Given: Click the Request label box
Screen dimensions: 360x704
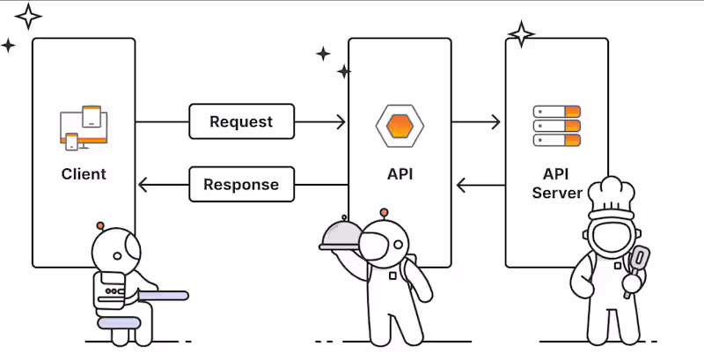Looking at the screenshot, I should [x=241, y=121].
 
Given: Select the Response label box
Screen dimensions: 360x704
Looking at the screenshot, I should [x=240, y=185].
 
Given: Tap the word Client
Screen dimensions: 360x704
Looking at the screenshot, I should [x=84, y=173].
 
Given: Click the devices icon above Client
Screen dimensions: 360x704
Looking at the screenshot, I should [x=84, y=128].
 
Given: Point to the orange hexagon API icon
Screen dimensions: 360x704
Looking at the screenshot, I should [x=400, y=125].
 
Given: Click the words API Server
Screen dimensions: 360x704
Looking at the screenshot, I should [x=557, y=183].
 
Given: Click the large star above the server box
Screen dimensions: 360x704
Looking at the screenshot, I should [x=521, y=34].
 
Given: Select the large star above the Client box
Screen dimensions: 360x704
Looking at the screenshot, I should [x=28, y=16].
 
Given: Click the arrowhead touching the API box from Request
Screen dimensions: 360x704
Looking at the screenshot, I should [x=341, y=121].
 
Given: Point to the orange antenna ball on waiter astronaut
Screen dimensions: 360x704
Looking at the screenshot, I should [x=383, y=212].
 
